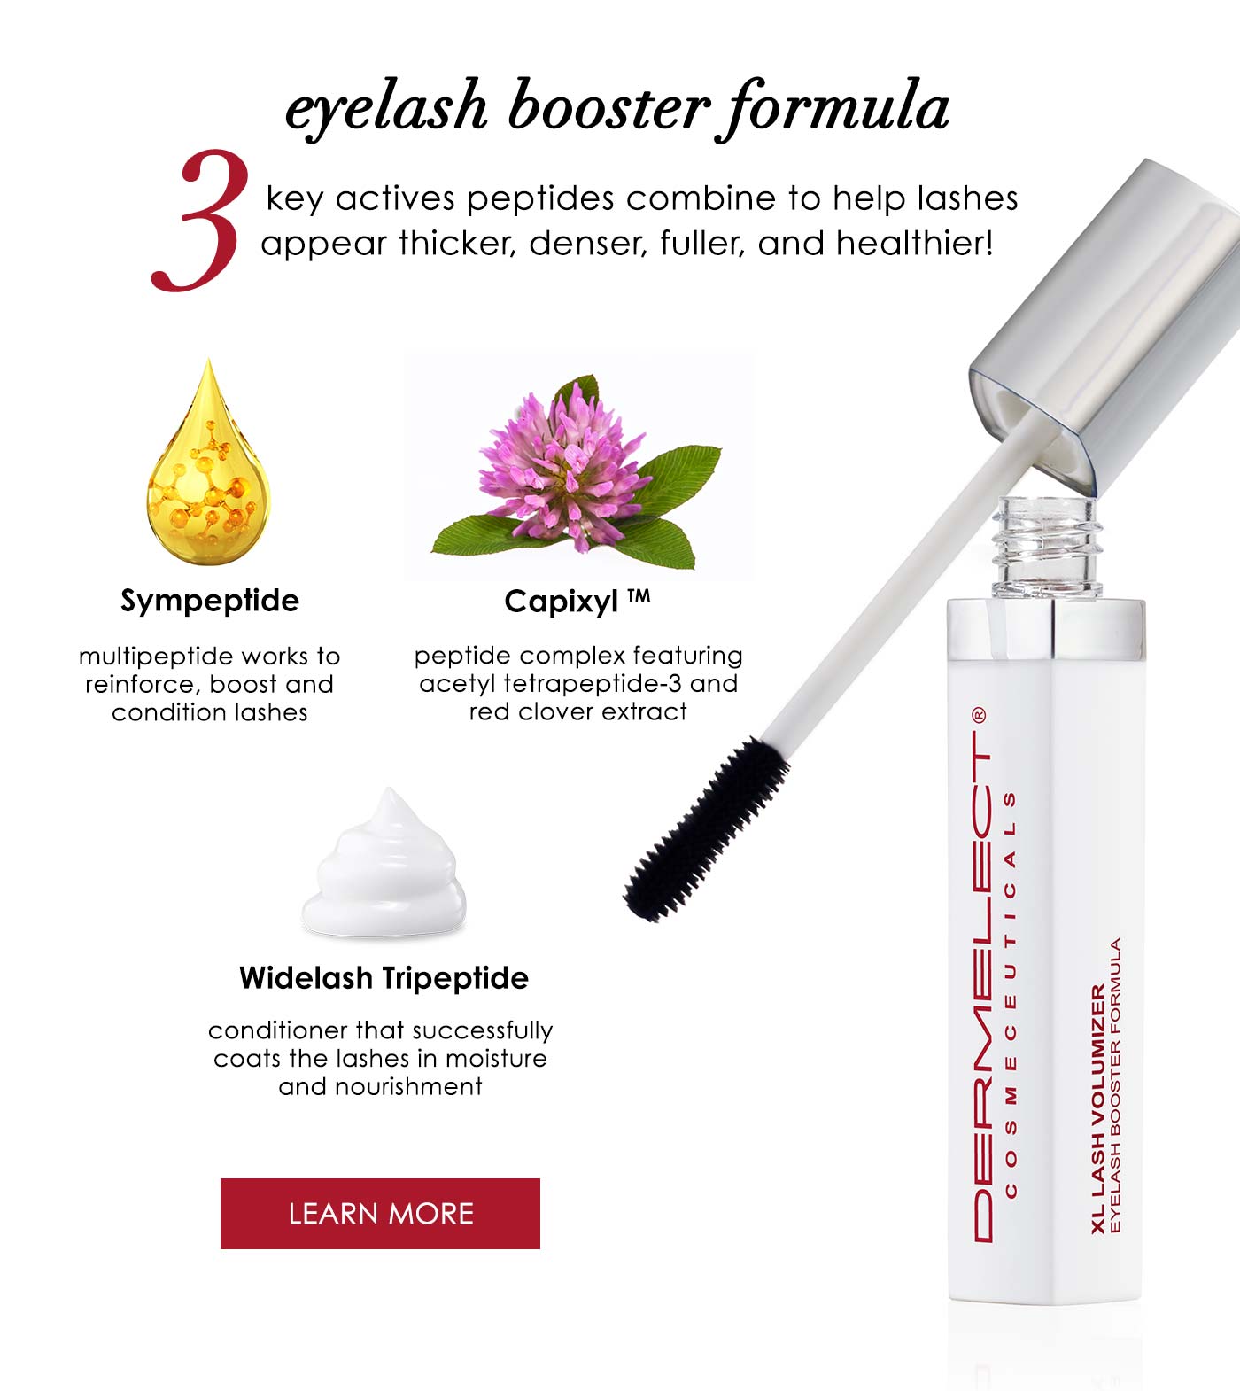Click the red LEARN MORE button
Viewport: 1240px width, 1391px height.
380,1213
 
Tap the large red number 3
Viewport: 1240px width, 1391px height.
199,221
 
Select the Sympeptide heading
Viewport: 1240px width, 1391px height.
210,601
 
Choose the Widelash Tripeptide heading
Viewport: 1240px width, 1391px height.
384,977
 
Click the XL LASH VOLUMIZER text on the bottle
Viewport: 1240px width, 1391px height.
1099,1108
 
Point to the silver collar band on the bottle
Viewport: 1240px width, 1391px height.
1046,630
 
